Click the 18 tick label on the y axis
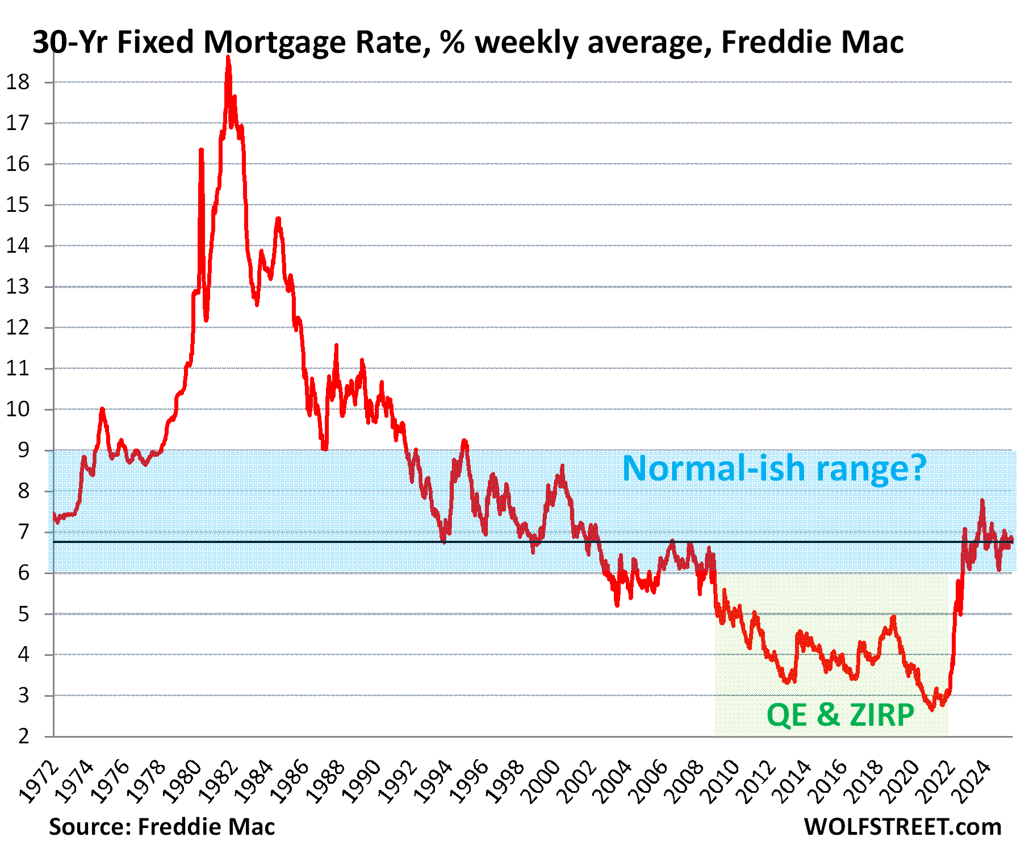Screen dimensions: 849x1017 pos(18,82)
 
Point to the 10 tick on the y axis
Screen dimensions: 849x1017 pos(18,409)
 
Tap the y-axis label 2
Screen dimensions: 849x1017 pos(23,737)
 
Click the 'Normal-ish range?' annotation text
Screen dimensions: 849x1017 pos(774,469)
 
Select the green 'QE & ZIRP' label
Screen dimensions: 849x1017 pos(840,714)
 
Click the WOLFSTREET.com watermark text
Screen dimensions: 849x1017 pos(902,827)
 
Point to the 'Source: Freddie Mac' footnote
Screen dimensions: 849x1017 pos(162,827)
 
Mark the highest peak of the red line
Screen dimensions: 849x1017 pos(228,57)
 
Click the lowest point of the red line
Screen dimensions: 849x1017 pos(931,709)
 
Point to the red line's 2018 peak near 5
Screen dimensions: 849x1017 pos(893,617)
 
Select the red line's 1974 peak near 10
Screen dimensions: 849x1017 pos(102,409)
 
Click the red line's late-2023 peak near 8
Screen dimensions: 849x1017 pos(982,501)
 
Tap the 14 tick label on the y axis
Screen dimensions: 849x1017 pos(18,246)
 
